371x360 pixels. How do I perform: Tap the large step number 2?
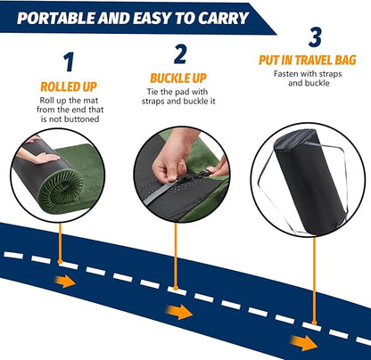pyautogui.click(x=180, y=55)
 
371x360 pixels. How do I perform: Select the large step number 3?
pyautogui.click(x=314, y=38)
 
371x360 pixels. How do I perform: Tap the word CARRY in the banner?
pyautogui.click(x=213, y=14)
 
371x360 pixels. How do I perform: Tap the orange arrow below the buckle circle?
pyautogui.click(x=182, y=313)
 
